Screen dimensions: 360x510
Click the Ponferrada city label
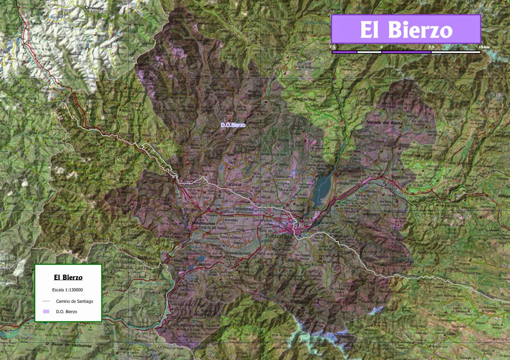pos(279,237)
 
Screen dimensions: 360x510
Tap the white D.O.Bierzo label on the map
pos(233,125)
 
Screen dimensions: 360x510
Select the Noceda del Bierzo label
pos(384,123)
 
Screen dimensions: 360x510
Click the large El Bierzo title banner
pos(406,29)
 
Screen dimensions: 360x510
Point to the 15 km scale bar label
pos(483,47)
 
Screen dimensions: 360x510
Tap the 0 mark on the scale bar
pos(381,47)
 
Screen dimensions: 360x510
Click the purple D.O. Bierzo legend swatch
pos(46,311)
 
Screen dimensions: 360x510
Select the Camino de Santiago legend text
pos(74,301)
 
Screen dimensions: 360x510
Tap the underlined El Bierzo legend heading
pos(68,278)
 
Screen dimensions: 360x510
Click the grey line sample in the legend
pos(46,301)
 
